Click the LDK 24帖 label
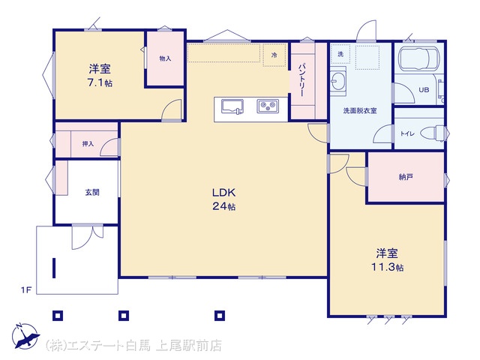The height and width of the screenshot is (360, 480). tap(224, 199)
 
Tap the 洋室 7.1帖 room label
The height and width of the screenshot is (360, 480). tap(100, 76)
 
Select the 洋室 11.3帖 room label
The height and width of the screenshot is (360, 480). tap(387, 260)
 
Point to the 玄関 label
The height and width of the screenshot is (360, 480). tap(92, 192)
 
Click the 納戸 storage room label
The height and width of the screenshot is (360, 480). tap(406, 177)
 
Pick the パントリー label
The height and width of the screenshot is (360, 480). tap(301, 80)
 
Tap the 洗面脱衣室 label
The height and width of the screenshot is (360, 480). tap(360, 111)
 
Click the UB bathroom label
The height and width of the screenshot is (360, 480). tap(424, 90)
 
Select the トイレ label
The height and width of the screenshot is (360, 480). tap(407, 133)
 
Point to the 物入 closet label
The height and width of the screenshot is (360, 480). tap(165, 58)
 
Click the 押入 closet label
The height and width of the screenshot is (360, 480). tap(88, 143)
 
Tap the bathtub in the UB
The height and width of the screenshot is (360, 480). tap(418, 59)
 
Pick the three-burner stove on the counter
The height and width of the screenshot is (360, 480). tap(268, 106)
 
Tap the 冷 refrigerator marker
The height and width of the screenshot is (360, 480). tap(274, 55)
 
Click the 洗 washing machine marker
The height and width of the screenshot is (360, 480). tap(340, 54)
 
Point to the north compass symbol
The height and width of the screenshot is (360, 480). tap(25, 335)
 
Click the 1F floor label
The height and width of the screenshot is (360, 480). tap(26, 289)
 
